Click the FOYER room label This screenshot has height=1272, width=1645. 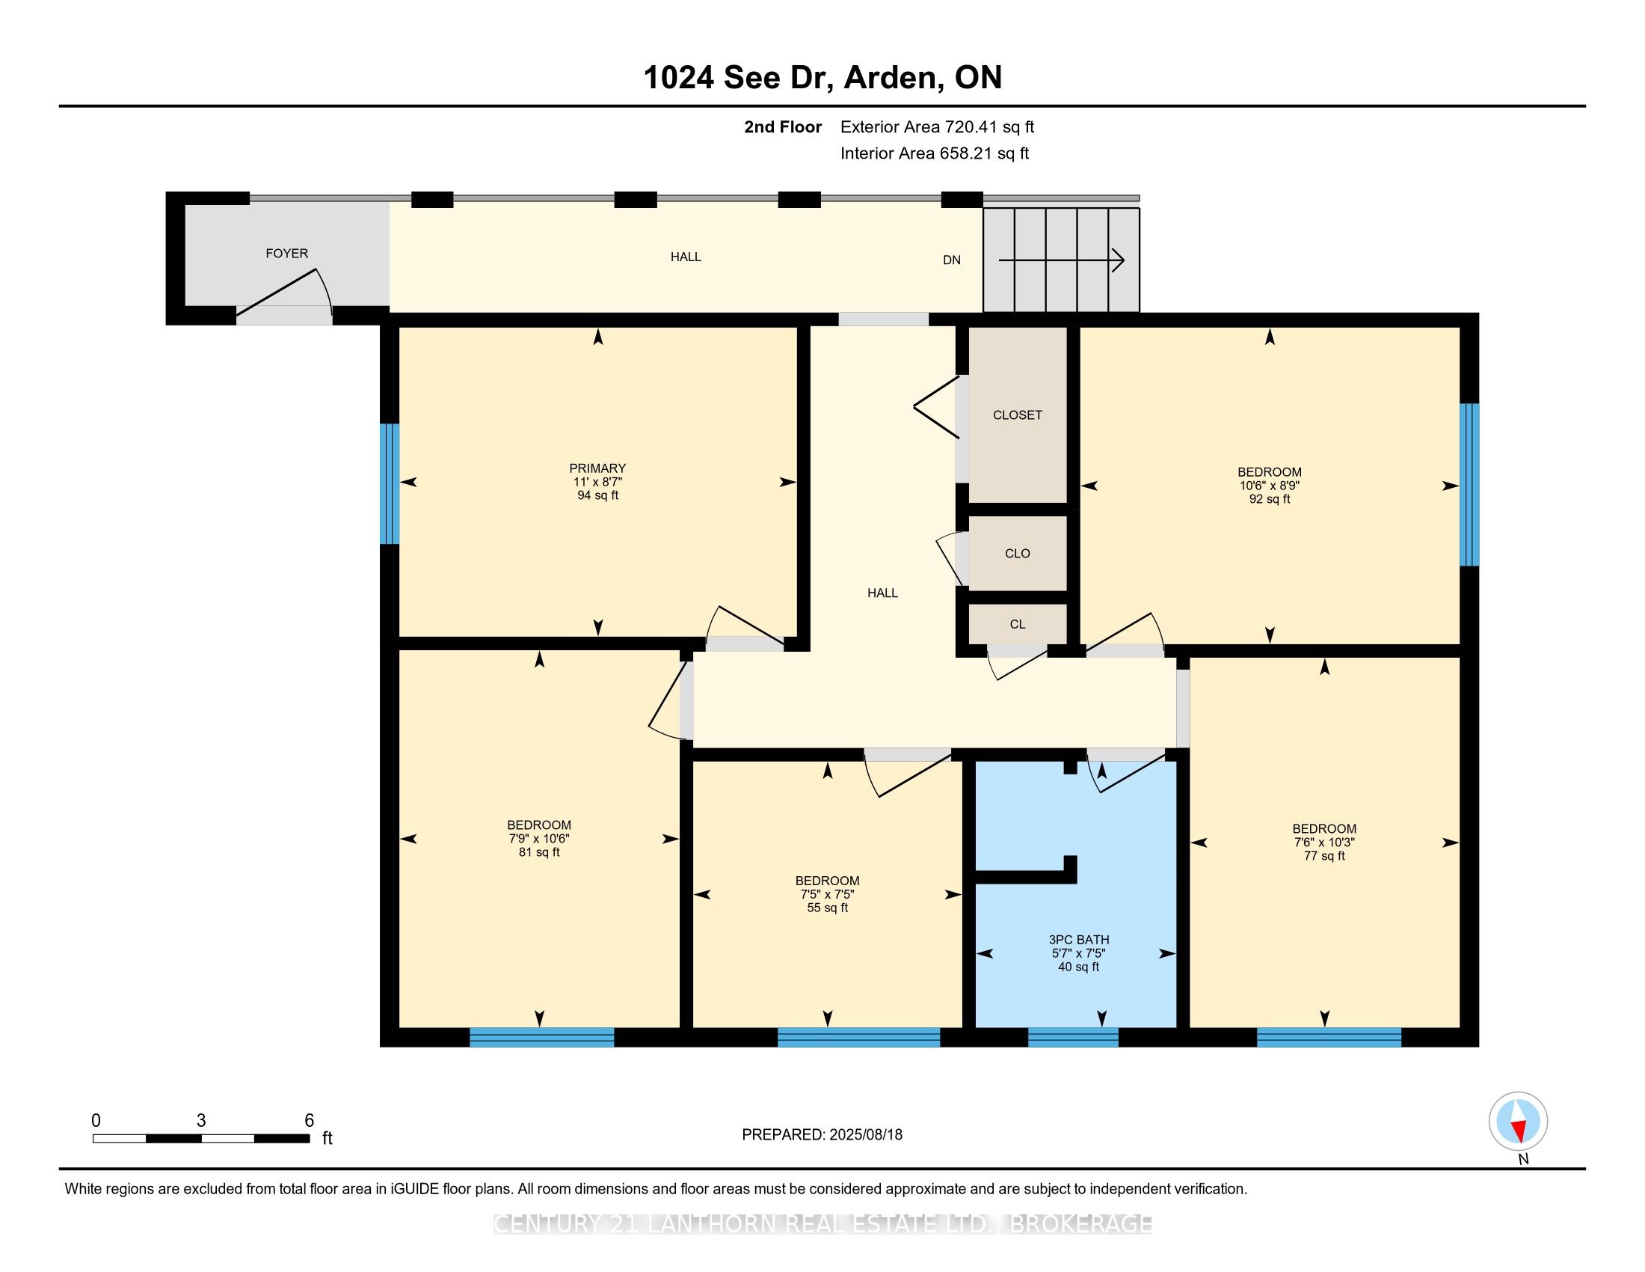287,253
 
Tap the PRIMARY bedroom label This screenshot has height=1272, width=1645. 597,468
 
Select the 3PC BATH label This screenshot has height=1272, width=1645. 1078,940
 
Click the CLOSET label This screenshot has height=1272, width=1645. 1018,415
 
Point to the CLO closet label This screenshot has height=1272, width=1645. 1018,554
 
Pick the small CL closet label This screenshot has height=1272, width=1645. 1018,624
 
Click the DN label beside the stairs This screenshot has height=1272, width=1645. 952,260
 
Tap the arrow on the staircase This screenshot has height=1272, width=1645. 1061,260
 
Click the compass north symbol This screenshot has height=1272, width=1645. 1519,1121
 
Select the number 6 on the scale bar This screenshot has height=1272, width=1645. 309,1121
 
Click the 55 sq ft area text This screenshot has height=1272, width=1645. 827,908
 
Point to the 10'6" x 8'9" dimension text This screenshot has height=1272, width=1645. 1269,486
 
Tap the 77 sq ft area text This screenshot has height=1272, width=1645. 1324,856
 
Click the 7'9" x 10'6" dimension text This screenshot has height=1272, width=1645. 538,839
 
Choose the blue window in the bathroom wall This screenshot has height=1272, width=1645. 1072,1038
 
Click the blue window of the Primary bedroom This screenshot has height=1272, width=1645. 389,484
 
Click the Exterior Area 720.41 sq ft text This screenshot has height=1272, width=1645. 937,127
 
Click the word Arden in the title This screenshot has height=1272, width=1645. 891,78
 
